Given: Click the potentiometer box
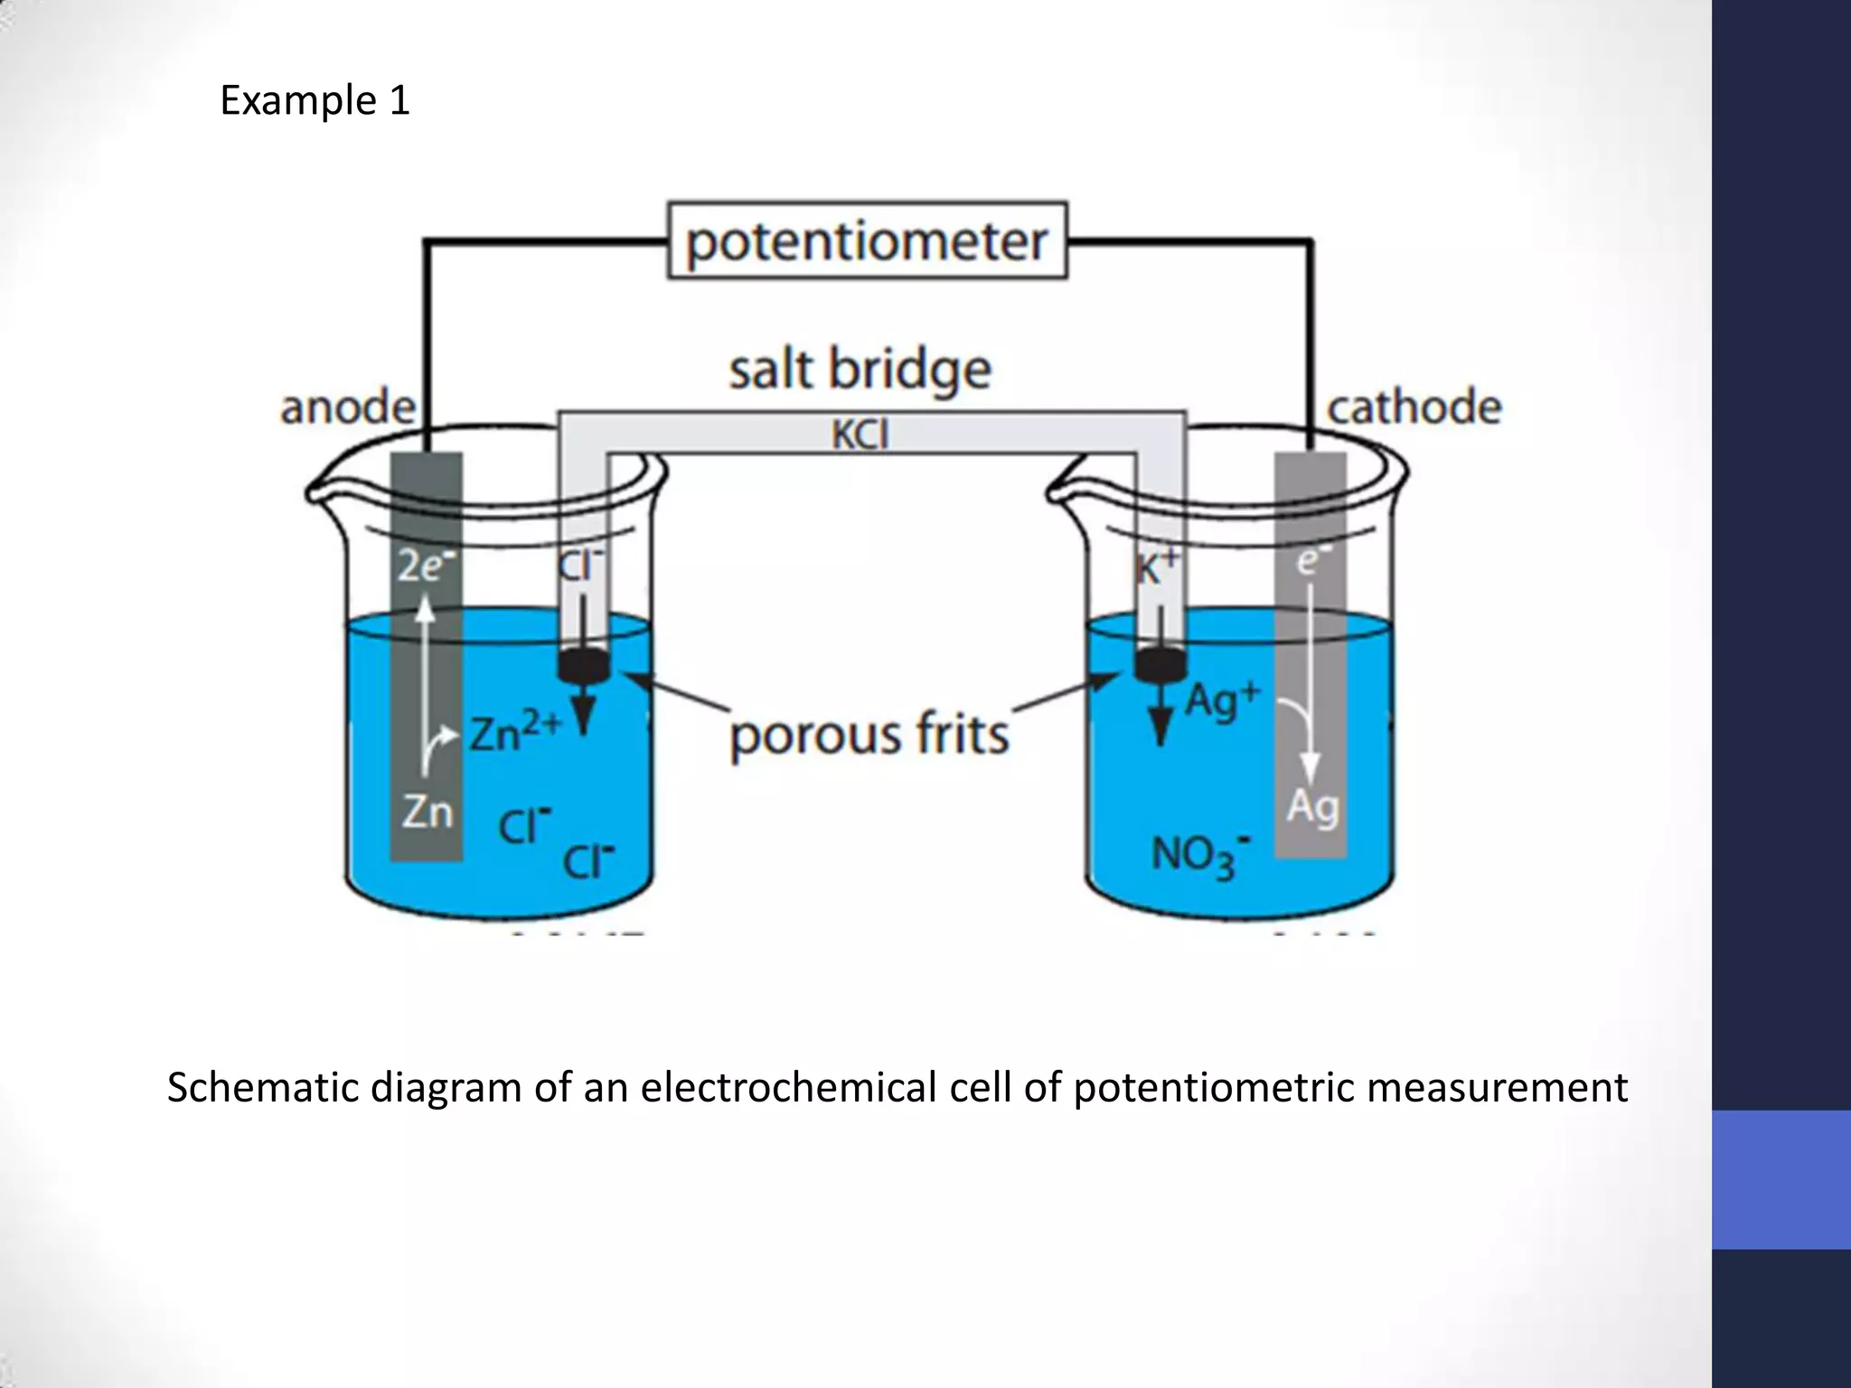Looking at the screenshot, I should pos(867,241).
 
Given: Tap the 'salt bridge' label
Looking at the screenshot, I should pos(860,370).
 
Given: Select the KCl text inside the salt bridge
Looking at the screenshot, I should pos(860,435).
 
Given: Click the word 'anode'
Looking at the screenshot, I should pos(348,408).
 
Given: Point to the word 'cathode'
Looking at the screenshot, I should pos(1414,408).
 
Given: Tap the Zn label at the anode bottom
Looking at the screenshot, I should pos(427,811).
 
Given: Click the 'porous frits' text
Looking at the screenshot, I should pos(869,734).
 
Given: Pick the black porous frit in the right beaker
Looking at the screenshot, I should pos(1160,666).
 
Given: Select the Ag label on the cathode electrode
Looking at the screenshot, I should pos(1312,805).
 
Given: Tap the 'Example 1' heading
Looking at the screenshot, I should pos(315,100).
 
